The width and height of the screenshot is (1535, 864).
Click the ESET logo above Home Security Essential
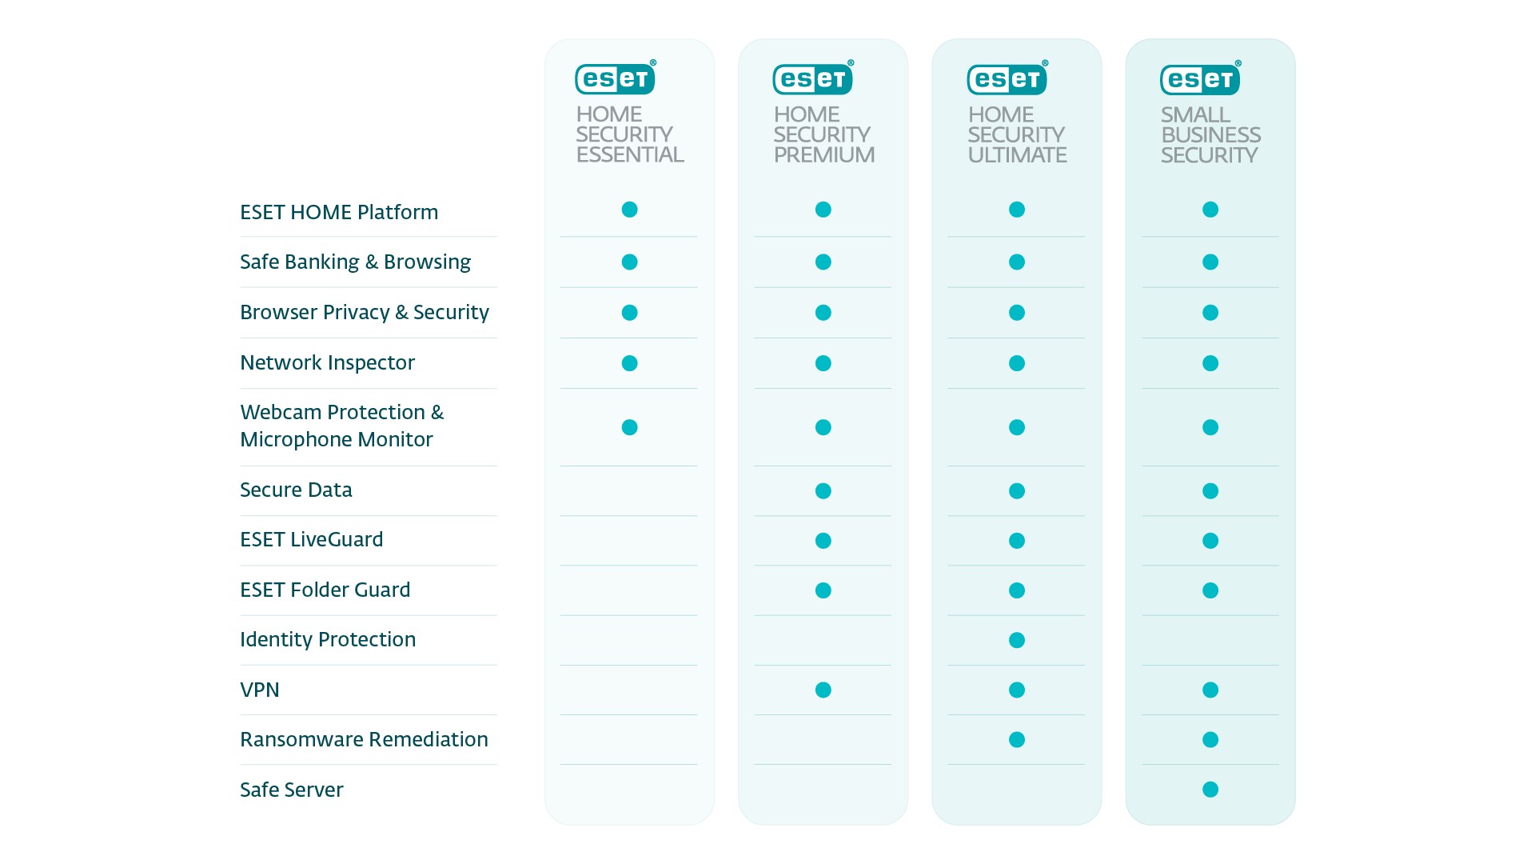[615, 78]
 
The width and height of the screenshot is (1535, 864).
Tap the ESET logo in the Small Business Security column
[1200, 78]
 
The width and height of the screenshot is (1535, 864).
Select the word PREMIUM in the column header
[823, 154]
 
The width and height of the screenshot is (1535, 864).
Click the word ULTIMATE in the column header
[1017, 154]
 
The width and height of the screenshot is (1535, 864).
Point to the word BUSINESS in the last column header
[1210, 134]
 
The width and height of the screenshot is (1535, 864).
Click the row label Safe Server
[291, 790]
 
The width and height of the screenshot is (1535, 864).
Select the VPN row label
[260, 690]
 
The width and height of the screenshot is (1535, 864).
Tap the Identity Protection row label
[327, 639]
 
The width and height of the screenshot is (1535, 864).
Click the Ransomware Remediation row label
[364, 739]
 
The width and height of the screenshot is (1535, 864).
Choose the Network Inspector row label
[327, 362]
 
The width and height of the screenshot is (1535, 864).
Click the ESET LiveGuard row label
[311, 539]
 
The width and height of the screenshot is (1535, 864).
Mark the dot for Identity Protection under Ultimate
[1017, 640]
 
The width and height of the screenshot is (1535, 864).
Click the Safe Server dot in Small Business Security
[1210, 790]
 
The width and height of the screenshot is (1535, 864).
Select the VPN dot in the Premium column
[823, 690]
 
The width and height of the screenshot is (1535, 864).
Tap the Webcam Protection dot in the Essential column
[630, 427]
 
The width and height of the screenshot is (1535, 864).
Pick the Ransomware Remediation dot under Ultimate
[1017, 739]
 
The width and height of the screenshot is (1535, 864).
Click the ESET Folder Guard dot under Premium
[823, 590]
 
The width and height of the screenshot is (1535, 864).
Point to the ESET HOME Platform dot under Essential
[630, 210]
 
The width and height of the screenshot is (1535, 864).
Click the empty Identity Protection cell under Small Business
[1210, 640]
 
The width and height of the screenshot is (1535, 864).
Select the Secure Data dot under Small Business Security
[1210, 490]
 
